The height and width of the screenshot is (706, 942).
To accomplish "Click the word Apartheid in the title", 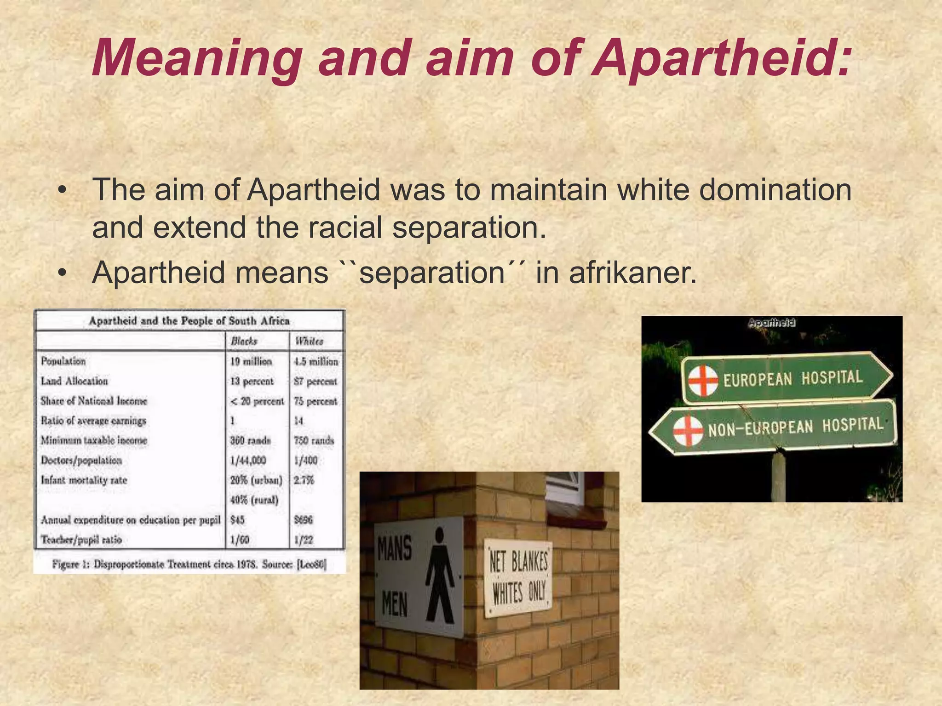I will click(720, 59).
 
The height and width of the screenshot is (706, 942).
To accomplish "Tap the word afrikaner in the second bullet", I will click(632, 273).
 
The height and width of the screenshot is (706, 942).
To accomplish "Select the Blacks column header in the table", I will click(244, 341).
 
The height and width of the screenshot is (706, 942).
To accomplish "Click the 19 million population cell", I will click(251, 361).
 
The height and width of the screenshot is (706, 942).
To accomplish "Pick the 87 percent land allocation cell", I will click(316, 381).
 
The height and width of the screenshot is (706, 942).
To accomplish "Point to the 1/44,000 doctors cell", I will click(248, 460).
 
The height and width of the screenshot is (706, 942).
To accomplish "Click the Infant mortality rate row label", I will click(84, 480).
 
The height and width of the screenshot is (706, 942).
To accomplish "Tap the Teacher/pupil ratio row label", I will click(81, 540).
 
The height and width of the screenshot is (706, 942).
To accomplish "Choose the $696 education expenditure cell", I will click(304, 520).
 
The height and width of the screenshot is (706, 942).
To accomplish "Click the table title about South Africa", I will click(189, 321).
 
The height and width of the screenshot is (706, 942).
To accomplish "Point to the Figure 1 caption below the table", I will click(189, 564).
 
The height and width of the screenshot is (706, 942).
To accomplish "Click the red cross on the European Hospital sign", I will click(703, 381).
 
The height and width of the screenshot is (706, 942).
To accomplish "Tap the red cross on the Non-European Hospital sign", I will click(688, 431).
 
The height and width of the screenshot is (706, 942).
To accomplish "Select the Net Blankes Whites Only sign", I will click(518, 578).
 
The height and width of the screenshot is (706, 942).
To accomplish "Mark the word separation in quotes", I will click(432, 273).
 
